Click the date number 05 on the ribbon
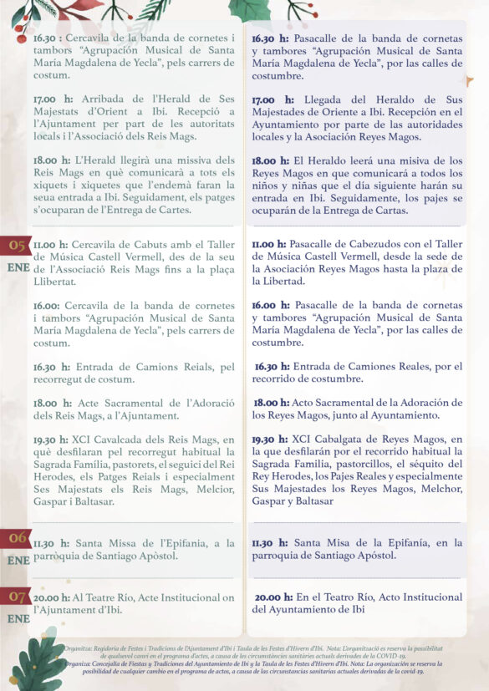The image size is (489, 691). [x=17, y=245]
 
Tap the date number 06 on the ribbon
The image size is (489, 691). [x=17, y=539]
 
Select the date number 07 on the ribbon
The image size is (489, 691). [x=17, y=597]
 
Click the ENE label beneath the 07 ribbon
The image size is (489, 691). [x=18, y=618]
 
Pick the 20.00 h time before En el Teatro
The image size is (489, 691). [x=273, y=597]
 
